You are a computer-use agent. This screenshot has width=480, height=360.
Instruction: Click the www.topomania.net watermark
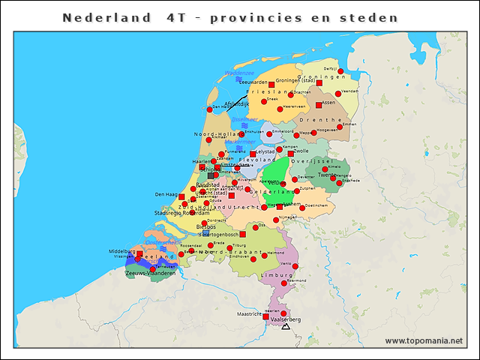(423, 341)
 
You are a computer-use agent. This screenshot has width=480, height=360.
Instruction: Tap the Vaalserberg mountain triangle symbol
(286, 327)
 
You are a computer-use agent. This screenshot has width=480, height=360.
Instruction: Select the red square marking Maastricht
(265, 316)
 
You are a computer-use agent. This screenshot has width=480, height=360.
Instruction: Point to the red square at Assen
(319, 105)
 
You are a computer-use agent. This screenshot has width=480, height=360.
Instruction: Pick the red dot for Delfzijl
(340, 72)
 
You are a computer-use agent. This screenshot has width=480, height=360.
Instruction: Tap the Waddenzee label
(239, 73)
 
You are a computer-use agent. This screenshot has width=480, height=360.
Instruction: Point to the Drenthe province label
(315, 119)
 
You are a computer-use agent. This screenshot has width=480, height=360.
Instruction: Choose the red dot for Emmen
(340, 127)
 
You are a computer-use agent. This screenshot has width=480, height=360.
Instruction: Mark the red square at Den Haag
(181, 196)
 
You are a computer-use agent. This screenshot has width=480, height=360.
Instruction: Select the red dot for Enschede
(340, 182)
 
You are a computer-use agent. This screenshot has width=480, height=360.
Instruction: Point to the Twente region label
(326, 175)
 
